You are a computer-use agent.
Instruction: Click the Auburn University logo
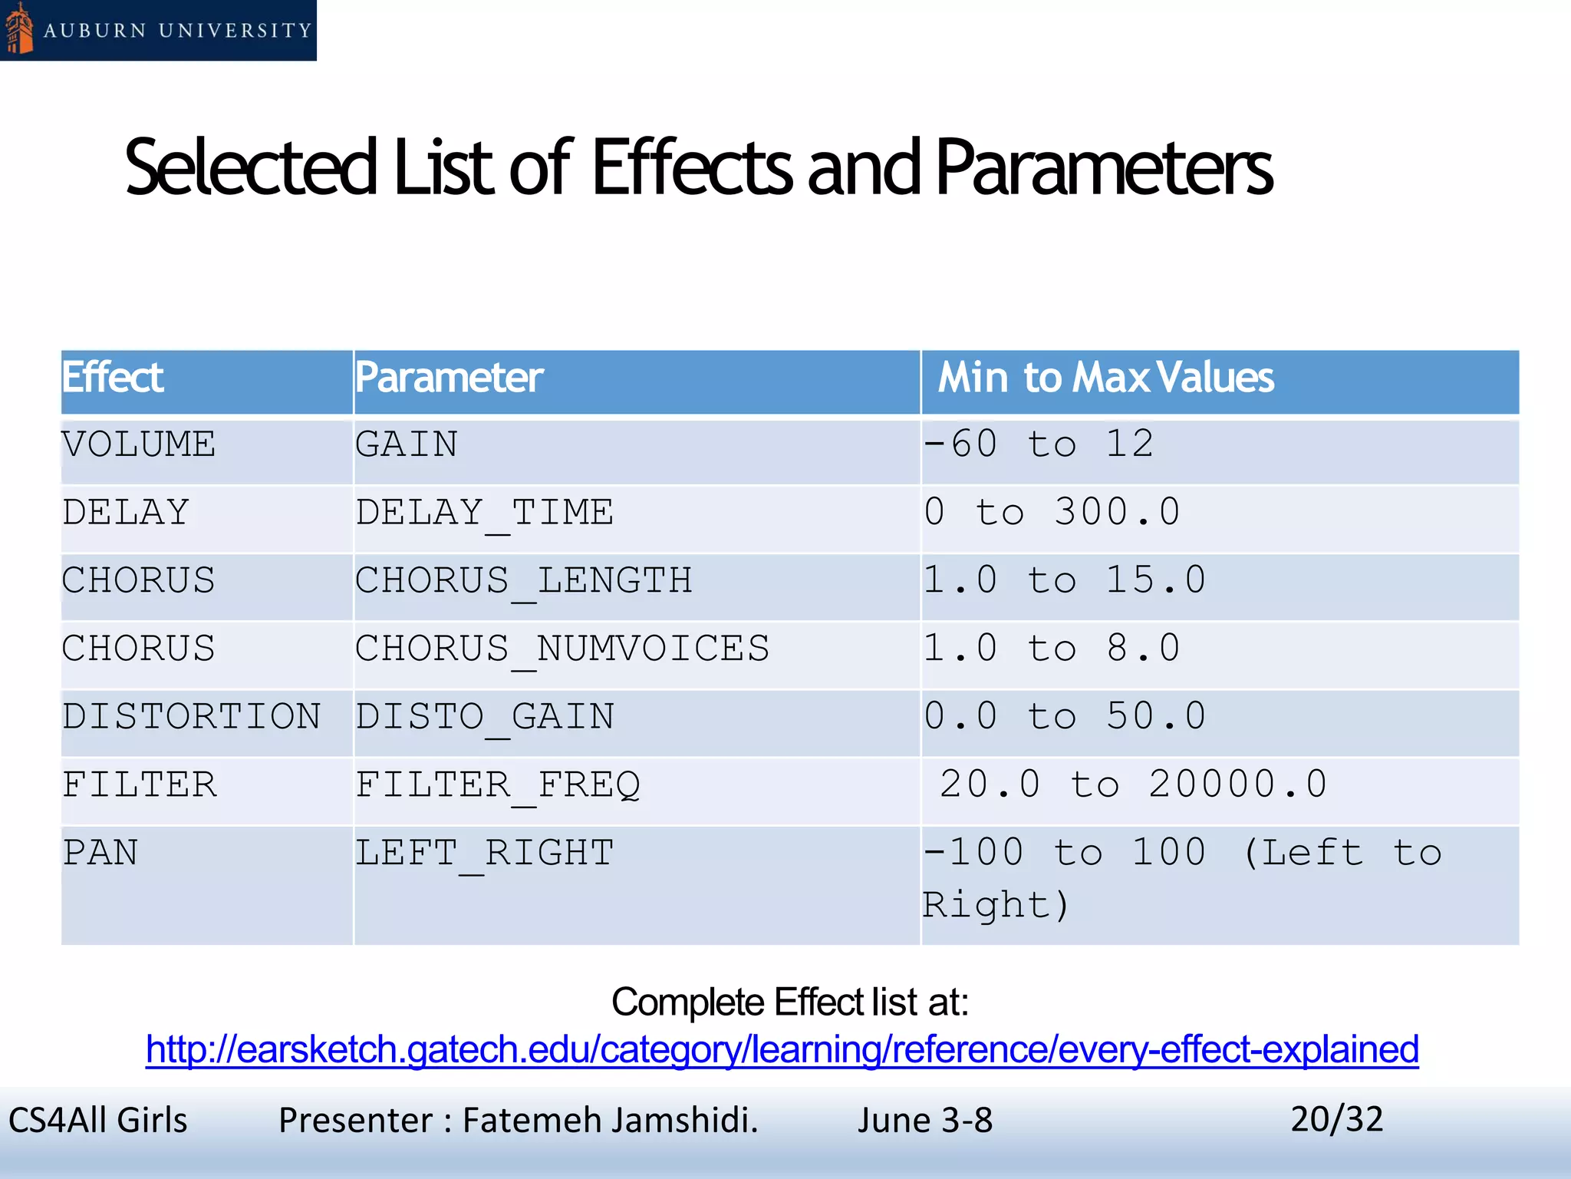pyautogui.click(x=157, y=30)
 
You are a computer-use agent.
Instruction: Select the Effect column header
pyautogui.click(x=113, y=378)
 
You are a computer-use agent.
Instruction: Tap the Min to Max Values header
pyautogui.click(x=1105, y=378)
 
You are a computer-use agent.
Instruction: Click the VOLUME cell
pyautogui.click(x=139, y=445)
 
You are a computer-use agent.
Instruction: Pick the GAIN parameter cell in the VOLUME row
pyautogui.click(x=407, y=445)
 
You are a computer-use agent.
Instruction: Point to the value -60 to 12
pyautogui.click(x=1039, y=444)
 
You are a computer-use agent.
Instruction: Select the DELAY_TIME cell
pyautogui.click(x=484, y=513)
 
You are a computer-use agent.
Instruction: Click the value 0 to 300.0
pyautogui.click(x=1052, y=513)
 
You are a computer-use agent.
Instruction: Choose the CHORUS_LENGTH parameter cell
pyautogui.click(x=523, y=581)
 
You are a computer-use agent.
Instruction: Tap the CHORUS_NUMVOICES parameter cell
pyautogui.click(x=562, y=649)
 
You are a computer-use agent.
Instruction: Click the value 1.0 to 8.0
pyautogui.click(x=1052, y=649)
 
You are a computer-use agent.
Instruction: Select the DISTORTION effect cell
pyautogui.click(x=192, y=717)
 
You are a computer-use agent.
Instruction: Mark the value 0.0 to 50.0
pyautogui.click(x=1065, y=717)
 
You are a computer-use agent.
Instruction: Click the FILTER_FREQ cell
pyautogui.click(x=497, y=785)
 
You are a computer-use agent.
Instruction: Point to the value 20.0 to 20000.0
pyautogui.click(x=1133, y=785)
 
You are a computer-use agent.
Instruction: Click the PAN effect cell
pyautogui.click(x=100, y=854)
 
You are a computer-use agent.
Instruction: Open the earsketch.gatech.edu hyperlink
pyautogui.click(x=782, y=1049)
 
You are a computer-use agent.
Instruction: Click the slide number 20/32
pyautogui.click(x=1336, y=1119)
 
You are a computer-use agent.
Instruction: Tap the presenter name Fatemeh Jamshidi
pyautogui.click(x=610, y=1121)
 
